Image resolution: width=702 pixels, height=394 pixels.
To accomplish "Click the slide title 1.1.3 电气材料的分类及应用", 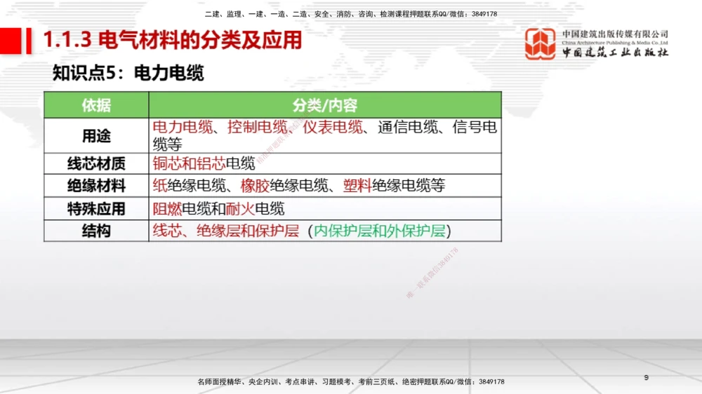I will [x=173, y=41].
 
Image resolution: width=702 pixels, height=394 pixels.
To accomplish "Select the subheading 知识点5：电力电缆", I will [x=128, y=73].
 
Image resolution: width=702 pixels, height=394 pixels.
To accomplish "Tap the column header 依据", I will [x=96, y=105].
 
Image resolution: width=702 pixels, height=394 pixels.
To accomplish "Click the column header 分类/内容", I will [x=325, y=105].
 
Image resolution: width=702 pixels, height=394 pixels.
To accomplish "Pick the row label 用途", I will [x=96, y=135].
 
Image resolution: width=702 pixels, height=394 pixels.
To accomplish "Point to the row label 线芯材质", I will [x=96, y=163].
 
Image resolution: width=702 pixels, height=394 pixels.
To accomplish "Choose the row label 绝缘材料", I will [x=96, y=186].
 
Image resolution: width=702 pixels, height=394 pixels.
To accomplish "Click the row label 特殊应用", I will [x=96, y=209].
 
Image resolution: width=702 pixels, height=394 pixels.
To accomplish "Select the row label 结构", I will [x=96, y=231].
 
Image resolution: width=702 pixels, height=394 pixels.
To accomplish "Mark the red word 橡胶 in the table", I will [x=255, y=186].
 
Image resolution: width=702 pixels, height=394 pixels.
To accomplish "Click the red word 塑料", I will [x=357, y=186].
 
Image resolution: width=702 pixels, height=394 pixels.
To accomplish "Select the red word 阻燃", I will [x=167, y=209].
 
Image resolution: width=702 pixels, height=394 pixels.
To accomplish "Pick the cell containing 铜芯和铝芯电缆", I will [x=325, y=163].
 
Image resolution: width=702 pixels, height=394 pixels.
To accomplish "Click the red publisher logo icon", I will [x=541, y=43].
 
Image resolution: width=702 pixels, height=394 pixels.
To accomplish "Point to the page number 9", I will [x=646, y=379].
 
